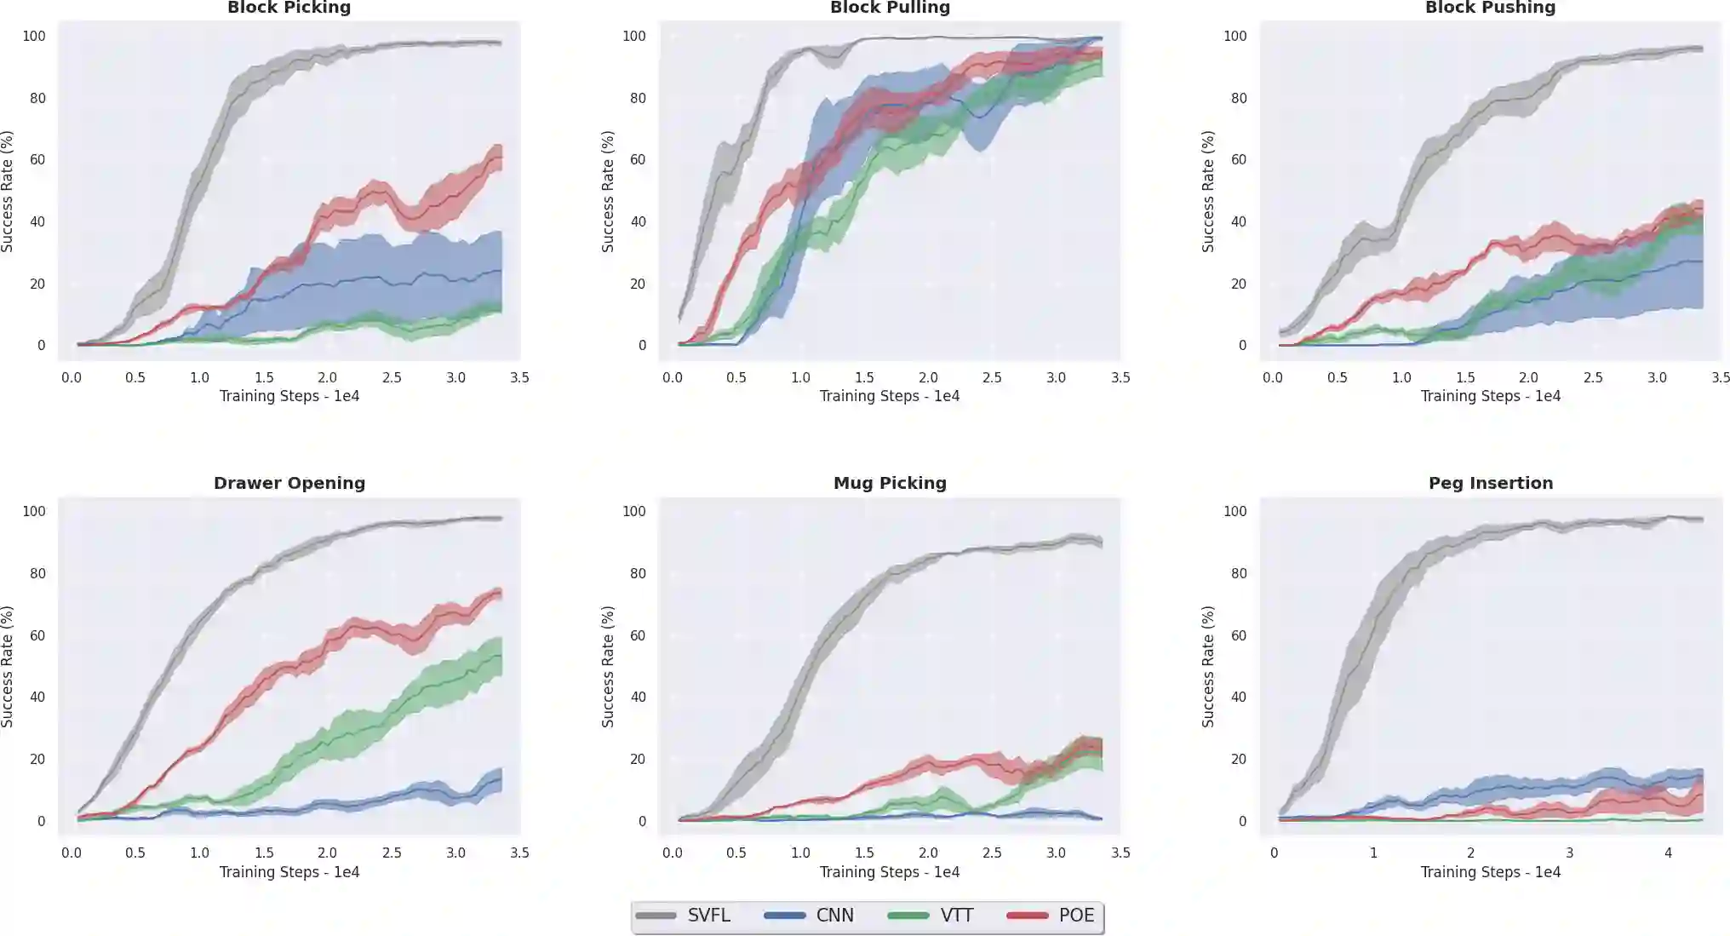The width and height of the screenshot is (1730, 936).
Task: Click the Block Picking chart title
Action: tap(289, 8)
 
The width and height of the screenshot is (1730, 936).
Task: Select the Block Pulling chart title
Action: tap(890, 8)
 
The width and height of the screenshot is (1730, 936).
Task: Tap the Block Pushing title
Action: tap(1490, 8)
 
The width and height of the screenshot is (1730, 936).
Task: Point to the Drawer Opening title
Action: tap(289, 483)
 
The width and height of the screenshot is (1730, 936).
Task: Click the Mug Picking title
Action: tap(890, 483)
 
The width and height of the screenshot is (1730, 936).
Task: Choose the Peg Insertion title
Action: tap(1490, 483)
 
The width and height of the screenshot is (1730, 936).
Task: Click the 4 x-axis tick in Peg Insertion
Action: tap(1668, 853)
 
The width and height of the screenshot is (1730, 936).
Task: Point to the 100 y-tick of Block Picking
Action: tap(34, 36)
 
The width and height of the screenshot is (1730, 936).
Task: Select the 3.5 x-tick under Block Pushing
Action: tap(1720, 377)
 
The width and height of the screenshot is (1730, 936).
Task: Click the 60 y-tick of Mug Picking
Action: tap(638, 635)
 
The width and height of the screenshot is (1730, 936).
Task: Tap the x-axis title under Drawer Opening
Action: tap(289, 872)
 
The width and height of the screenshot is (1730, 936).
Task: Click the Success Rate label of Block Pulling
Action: tap(608, 191)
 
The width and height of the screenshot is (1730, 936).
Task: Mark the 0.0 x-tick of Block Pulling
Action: tap(673, 377)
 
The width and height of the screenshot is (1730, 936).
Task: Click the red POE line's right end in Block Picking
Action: tap(500, 153)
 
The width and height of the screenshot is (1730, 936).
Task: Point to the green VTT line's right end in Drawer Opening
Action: tap(500, 654)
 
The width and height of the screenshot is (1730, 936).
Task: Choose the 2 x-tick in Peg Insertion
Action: tap(1470, 853)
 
